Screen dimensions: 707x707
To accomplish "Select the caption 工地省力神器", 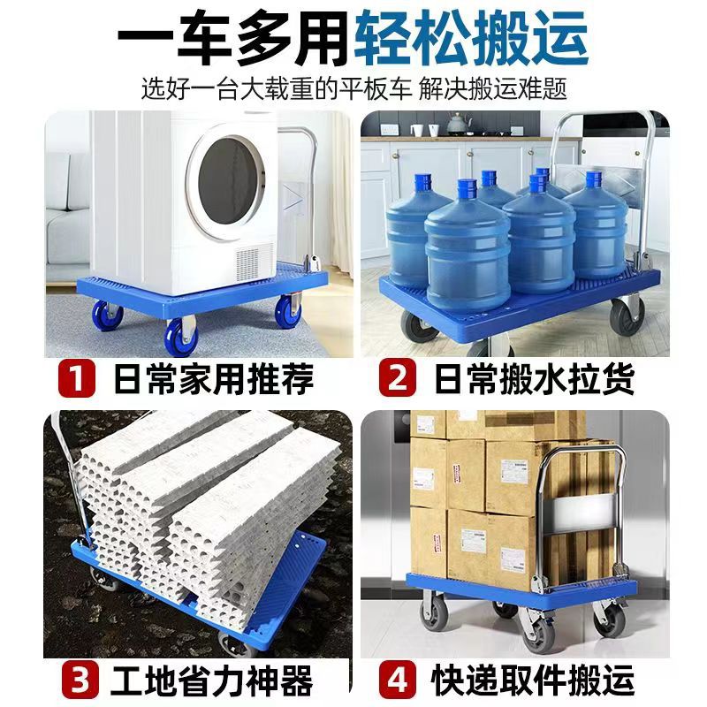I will click(215, 681).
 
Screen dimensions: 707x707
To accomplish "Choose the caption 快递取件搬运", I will click(536, 681).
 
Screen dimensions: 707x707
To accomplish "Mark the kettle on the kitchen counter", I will click(460, 123).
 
